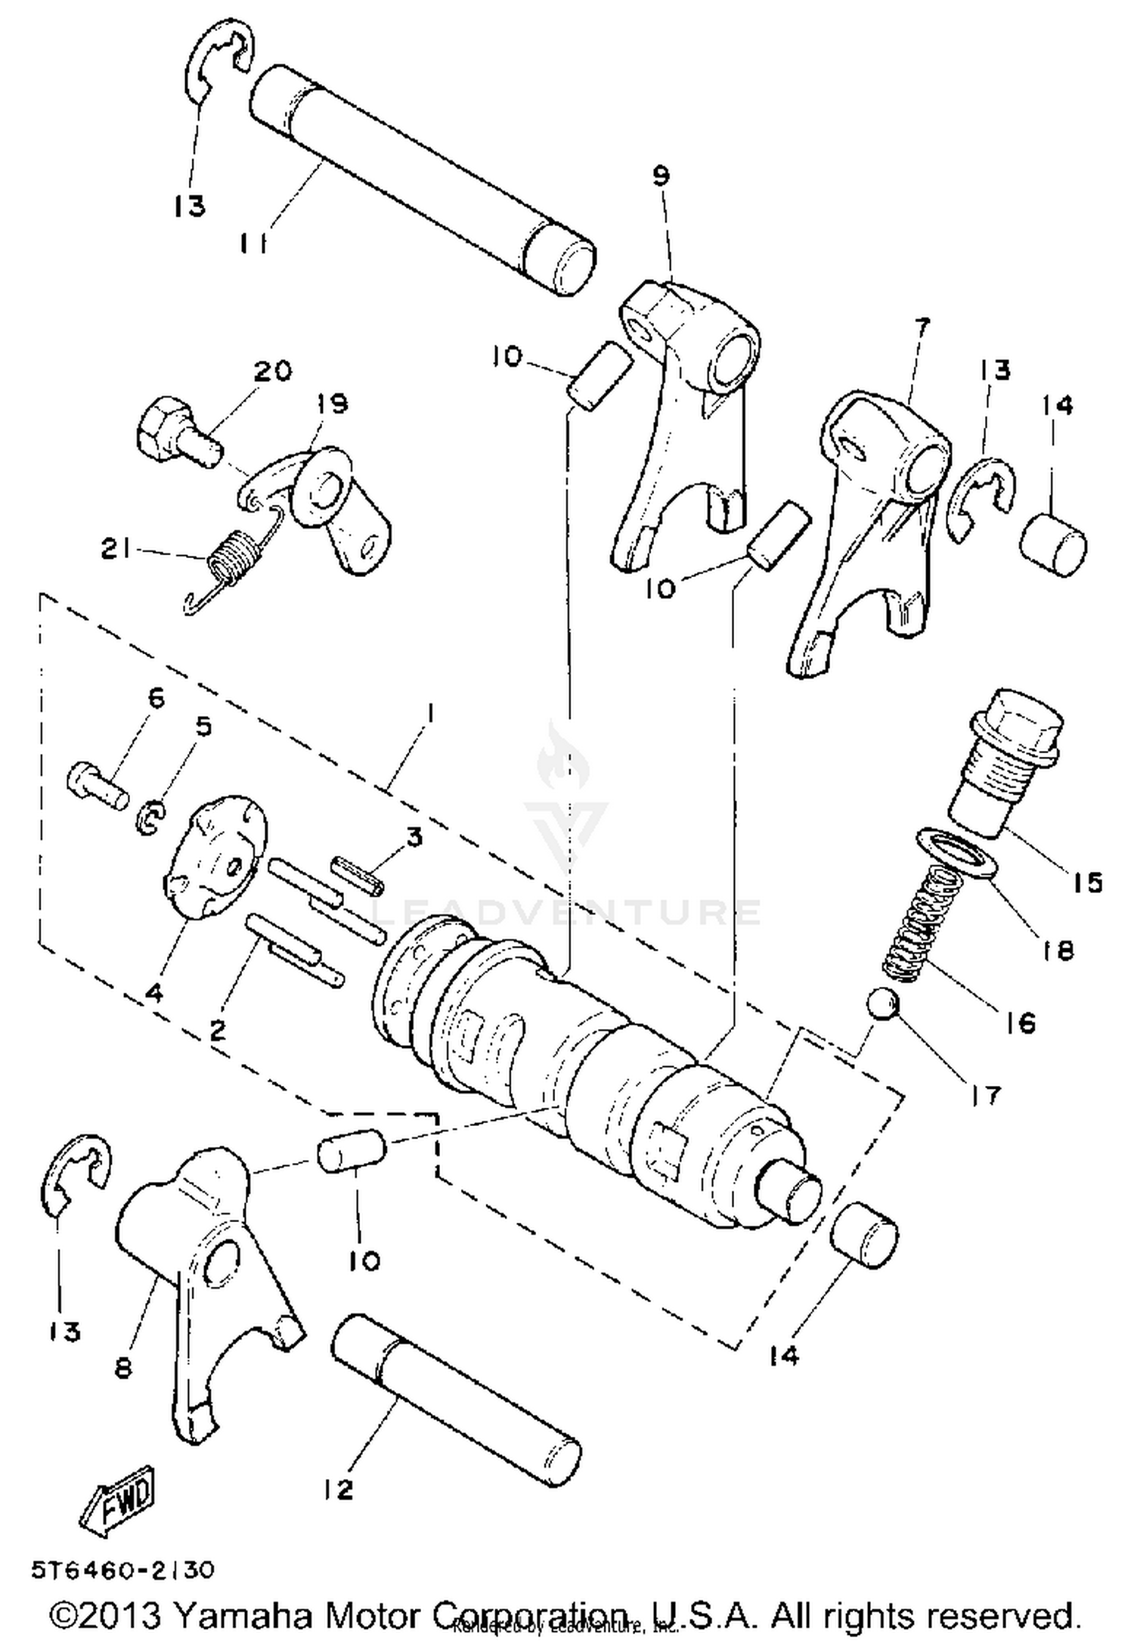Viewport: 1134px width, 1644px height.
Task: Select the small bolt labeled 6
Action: [x=94, y=783]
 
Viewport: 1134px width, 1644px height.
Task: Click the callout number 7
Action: [x=922, y=327]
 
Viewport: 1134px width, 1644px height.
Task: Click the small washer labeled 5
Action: [x=150, y=817]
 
